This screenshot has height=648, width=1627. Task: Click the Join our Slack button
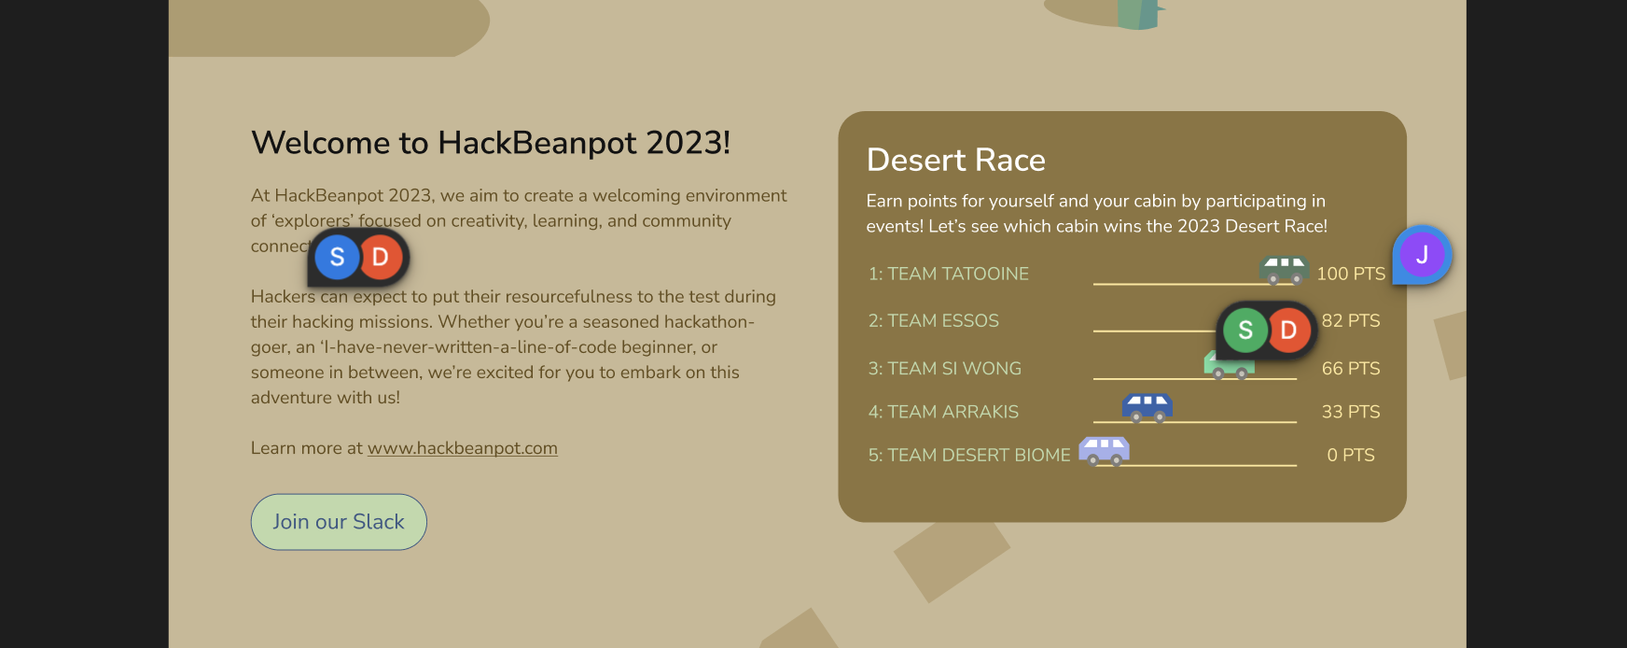click(339, 522)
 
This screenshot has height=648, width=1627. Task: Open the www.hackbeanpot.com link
click(462, 448)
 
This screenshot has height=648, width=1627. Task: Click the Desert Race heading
click(955, 160)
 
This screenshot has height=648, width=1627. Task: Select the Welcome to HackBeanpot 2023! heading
click(491, 143)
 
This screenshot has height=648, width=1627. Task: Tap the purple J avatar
click(1422, 254)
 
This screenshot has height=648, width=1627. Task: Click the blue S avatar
click(337, 258)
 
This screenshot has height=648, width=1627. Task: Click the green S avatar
click(1245, 331)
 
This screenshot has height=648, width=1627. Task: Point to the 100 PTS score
click(1350, 274)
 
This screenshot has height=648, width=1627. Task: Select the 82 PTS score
click(1350, 320)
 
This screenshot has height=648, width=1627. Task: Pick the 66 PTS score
click(1350, 369)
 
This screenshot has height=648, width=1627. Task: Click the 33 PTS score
click(1350, 412)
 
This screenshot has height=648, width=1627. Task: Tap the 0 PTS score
click(1350, 456)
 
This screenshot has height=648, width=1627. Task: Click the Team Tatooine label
click(948, 274)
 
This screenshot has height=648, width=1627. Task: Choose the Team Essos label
click(933, 320)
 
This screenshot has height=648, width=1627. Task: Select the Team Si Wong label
click(944, 369)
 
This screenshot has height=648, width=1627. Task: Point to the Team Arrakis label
click(943, 412)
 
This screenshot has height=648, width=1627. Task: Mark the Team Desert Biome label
click(968, 456)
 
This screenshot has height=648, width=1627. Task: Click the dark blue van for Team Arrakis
click(1147, 407)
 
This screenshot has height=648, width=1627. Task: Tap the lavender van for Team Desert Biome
click(1104, 450)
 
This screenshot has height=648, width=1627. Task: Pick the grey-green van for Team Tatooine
click(1283, 270)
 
